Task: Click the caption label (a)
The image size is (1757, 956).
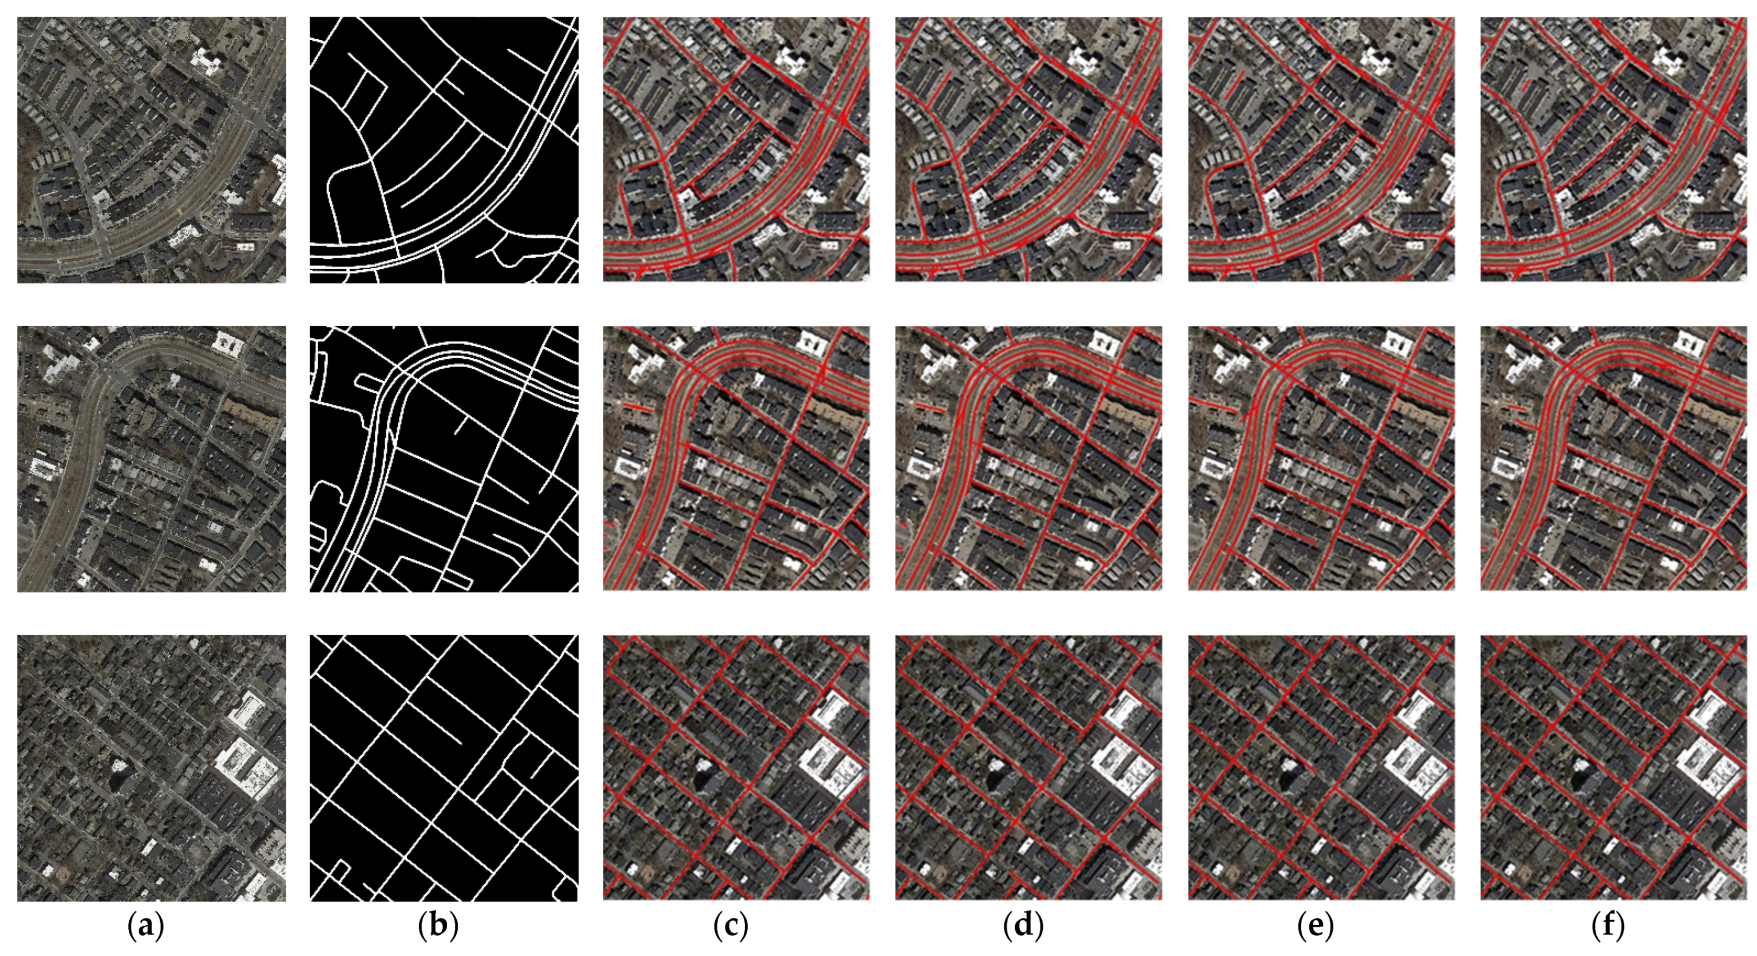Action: pyautogui.click(x=146, y=926)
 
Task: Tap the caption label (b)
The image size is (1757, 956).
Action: pyautogui.click(x=438, y=926)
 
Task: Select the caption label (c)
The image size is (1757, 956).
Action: pyautogui.click(x=731, y=926)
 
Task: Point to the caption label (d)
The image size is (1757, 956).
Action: pyautogui.click(x=1023, y=926)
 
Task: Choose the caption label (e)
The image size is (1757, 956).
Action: pyautogui.click(x=1316, y=926)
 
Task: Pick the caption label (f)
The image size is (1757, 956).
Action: pyautogui.click(x=1607, y=926)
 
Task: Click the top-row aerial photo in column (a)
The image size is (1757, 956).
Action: pyautogui.click(x=151, y=150)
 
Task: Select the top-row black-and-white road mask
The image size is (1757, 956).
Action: pyautogui.click(x=444, y=150)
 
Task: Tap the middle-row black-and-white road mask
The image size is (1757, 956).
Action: pyautogui.click(x=444, y=458)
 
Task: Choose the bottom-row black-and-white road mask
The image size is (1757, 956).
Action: pyautogui.click(x=444, y=768)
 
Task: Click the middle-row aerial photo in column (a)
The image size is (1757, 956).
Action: pyautogui.click(x=151, y=458)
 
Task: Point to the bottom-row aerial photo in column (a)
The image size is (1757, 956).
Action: pyautogui.click(x=151, y=768)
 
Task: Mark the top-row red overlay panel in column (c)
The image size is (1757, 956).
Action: pyautogui.click(x=736, y=150)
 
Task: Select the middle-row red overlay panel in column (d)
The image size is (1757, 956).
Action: pyautogui.click(x=1028, y=458)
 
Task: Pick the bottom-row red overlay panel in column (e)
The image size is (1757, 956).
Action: pyautogui.click(x=1321, y=768)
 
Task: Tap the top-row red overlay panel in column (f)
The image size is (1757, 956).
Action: pyautogui.click(x=1614, y=150)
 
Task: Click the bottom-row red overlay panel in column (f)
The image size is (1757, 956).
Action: pyautogui.click(x=1614, y=768)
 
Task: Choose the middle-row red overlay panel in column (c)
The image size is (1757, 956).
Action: pyautogui.click(x=736, y=458)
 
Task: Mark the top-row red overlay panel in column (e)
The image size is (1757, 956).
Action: pyautogui.click(x=1321, y=150)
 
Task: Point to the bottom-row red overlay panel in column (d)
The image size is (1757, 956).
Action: pyautogui.click(x=1028, y=768)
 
